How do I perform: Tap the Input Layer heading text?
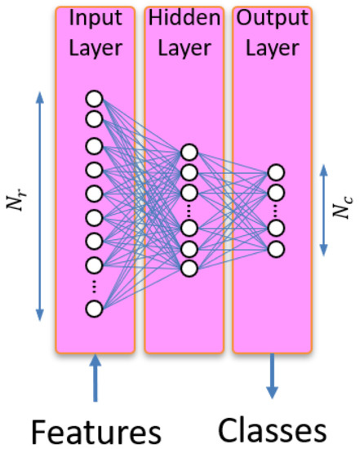(95, 33)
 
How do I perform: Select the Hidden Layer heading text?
(184, 33)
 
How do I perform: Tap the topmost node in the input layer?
(94, 100)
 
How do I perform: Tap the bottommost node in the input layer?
(94, 308)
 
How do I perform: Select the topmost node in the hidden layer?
(189, 152)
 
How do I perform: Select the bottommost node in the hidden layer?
(189, 268)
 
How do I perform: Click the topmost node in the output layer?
(276, 173)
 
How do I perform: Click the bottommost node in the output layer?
(276, 249)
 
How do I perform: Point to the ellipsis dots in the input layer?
(94, 287)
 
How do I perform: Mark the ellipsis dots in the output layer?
(276, 211)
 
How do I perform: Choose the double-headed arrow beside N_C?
(324, 208)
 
